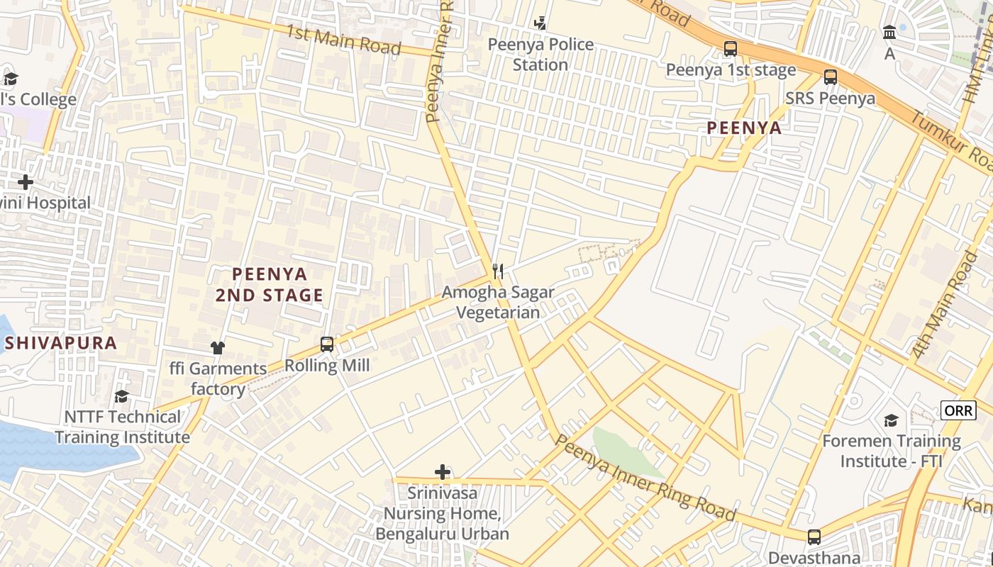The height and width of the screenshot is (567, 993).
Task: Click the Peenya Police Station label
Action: pos(540,55)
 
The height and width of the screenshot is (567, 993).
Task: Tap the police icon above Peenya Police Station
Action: pos(540,23)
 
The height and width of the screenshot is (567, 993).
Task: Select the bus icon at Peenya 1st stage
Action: pos(730,49)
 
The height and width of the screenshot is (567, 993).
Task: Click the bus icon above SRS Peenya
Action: pos(830,77)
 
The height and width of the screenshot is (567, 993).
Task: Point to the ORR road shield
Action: pos(958,410)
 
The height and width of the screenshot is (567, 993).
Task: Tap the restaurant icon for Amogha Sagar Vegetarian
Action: pos(498,271)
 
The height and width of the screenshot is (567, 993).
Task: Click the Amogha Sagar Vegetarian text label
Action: pos(498,302)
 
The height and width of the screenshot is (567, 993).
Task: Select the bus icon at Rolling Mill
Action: pos(326,344)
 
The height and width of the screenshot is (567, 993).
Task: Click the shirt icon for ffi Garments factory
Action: pos(217,347)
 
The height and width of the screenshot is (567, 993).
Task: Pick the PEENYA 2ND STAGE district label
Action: pos(270,284)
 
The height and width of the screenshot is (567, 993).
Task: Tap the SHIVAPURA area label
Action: pos(60,344)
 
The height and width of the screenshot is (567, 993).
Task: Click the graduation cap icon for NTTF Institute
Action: pos(122,396)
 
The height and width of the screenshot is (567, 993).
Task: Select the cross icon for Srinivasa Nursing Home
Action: pos(443,472)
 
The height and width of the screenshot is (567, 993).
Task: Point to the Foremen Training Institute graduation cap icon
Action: pos(891,421)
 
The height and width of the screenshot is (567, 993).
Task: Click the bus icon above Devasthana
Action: pos(814,537)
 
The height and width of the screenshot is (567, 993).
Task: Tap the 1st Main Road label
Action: pos(343,40)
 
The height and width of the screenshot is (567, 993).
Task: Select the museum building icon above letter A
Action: pos(889,32)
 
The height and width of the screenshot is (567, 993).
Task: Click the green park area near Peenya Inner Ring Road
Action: pos(624,451)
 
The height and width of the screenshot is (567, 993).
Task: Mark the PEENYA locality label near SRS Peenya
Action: pos(744,128)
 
